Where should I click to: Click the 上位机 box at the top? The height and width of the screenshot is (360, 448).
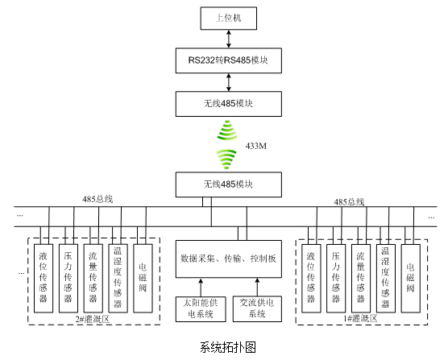tap(229, 19)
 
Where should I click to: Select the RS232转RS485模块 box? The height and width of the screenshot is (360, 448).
tap(229, 60)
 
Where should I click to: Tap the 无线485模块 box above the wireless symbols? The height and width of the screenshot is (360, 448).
tap(229, 104)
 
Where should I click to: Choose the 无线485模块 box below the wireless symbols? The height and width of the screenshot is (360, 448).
tap(229, 184)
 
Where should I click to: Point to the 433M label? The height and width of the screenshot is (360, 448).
tap(256, 146)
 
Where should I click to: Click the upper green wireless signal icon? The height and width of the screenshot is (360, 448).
tap(227, 130)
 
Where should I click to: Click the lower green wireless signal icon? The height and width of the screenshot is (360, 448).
tap(226, 159)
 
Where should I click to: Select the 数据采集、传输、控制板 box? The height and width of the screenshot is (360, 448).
tap(229, 259)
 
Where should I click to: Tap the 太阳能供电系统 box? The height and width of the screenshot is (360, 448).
tap(201, 309)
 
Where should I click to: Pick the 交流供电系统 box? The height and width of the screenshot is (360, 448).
tap(257, 309)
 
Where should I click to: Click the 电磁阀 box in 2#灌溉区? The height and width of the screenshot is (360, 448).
tap(143, 279)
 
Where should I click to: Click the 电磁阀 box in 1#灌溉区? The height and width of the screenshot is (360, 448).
tap(411, 279)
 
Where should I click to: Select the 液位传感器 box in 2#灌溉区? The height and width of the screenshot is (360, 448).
tap(44, 279)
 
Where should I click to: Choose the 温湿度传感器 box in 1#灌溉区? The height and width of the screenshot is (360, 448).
tap(386, 279)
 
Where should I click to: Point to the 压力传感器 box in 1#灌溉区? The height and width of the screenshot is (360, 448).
tap(336, 279)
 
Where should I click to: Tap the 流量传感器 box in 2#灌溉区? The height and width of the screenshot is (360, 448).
tap(93, 279)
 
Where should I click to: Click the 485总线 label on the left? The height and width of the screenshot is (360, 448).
tap(97, 199)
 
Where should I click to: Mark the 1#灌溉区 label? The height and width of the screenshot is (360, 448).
tap(360, 318)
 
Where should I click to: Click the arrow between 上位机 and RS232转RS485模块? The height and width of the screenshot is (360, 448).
tap(229, 39)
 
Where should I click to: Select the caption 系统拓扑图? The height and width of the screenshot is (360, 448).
tap(228, 347)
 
